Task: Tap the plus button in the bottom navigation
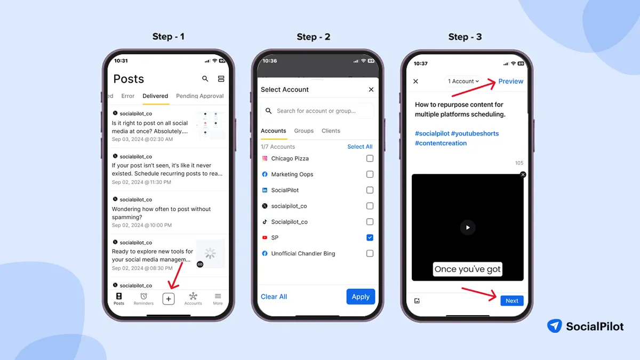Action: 169,299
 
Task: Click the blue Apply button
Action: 361,297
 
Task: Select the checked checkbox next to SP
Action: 370,238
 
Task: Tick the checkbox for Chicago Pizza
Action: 370,158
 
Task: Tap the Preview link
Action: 510,81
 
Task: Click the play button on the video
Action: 467,227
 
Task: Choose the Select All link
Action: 359,147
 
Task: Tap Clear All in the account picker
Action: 274,297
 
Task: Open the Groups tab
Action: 304,131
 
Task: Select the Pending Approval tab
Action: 199,96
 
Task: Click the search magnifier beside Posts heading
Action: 205,79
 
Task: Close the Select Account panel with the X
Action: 371,90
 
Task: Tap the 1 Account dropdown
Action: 463,81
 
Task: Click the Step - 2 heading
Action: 313,37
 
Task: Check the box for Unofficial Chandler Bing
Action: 370,254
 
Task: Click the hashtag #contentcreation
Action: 441,143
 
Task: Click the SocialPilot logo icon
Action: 555,326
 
